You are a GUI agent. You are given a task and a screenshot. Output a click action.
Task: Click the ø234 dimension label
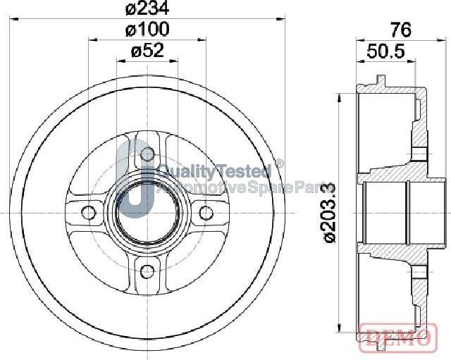pos(147,8)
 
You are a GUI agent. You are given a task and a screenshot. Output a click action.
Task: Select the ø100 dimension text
pos(147,30)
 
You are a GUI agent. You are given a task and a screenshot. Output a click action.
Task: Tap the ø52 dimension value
pos(147,51)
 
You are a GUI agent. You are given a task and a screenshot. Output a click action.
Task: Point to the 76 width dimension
pos(401,30)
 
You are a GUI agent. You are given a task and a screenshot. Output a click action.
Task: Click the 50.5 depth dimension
pos(385,51)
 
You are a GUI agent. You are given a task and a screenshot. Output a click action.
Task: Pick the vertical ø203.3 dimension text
pos(330,213)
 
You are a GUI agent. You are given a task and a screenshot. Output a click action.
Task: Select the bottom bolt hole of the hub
pos(147,271)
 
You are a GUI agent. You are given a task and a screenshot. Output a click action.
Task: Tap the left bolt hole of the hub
pos(88,212)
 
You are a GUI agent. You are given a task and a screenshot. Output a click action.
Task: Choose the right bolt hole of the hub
pos(206,213)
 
